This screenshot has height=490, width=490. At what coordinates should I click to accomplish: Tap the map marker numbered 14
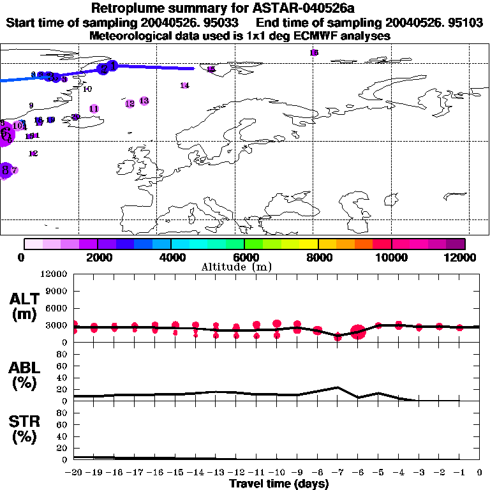pyautogui.click(x=185, y=85)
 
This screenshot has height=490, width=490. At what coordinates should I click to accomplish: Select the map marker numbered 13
pyautogui.click(x=144, y=101)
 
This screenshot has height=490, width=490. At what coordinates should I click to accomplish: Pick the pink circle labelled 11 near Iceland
pyautogui.click(x=94, y=109)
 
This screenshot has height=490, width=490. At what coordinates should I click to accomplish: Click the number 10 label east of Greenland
pyautogui.click(x=87, y=89)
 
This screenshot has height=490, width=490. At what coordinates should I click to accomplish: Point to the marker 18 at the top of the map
pyautogui.click(x=314, y=52)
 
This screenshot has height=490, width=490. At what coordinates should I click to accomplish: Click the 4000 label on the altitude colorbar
pyautogui.click(x=171, y=257)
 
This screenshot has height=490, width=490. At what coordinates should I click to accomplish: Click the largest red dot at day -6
pyautogui.click(x=358, y=331)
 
